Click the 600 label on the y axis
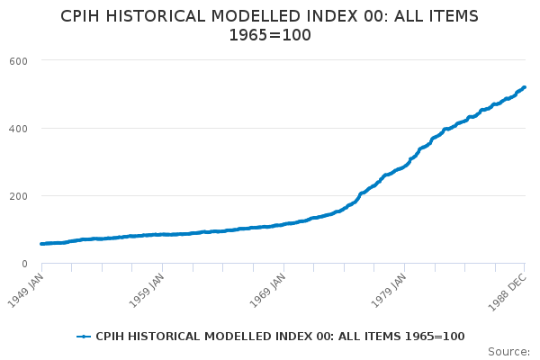pyautogui.click(x=18, y=61)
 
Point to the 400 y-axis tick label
pyautogui.click(x=18, y=129)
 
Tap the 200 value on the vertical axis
pyautogui.click(x=18, y=196)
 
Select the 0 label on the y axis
pyautogui.click(x=24, y=264)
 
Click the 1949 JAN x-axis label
pyautogui.click(x=26, y=291)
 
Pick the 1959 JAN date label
pyautogui.click(x=147, y=291)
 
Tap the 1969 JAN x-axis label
pyautogui.click(x=267, y=291)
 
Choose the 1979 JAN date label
pyautogui.click(x=389, y=291)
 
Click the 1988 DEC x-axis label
pyautogui.click(x=508, y=292)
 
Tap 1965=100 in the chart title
pyautogui.click(x=270, y=35)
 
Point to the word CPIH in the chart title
pyautogui.click(x=80, y=16)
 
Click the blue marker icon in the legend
pyautogui.click(x=84, y=337)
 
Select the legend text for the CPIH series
pyautogui.click(x=280, y=337)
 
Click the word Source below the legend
pyautogui.click(x=508, y=352)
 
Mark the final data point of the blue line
pyautogui.click(x=524, y=87)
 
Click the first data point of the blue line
pyautogui.click(x=42, y=244)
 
